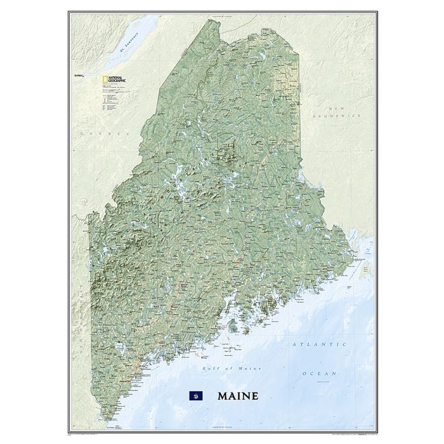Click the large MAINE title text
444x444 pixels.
(238, 396)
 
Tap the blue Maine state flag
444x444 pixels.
(193, 396)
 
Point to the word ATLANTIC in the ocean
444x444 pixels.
(320, 344)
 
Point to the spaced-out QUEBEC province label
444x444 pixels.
(103, 133)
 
